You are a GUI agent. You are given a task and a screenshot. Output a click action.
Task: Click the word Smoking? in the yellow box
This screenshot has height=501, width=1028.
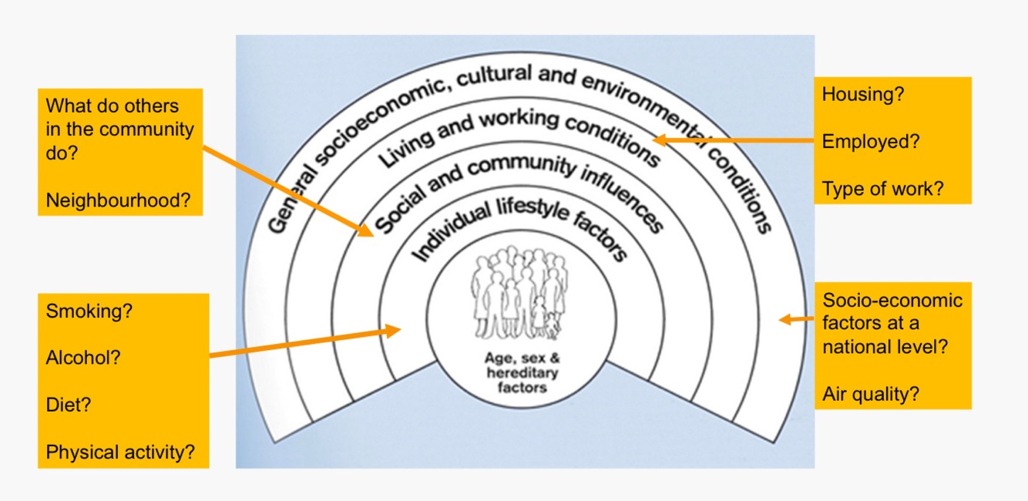pos(89,311)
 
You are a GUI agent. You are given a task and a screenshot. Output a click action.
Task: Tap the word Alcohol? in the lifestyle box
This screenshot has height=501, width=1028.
pos(83,358)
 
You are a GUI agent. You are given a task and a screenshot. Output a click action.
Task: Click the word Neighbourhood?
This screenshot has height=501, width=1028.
pos(118,200)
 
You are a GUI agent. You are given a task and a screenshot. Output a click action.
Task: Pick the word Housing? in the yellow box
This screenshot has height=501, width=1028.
pos(863,95)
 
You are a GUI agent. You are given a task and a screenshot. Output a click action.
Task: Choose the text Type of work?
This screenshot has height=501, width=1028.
pos(882,189)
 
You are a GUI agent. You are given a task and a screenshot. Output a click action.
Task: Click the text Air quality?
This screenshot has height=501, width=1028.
pos(871,394)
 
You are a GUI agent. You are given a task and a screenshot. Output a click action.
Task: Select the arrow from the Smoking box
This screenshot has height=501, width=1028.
pos(305,342)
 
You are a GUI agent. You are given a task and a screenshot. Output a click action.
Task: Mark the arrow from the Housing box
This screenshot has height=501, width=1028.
pos(732,140)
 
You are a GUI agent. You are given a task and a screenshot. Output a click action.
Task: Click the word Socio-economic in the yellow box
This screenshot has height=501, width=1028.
pos(892,300)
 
